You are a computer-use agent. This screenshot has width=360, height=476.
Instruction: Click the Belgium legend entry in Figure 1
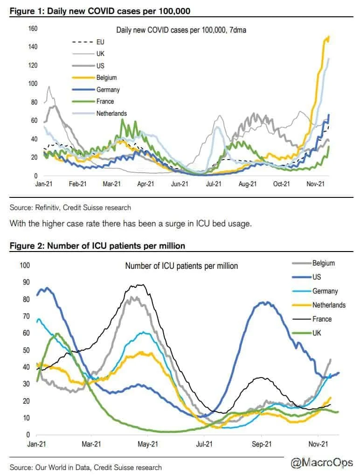coord(106,77)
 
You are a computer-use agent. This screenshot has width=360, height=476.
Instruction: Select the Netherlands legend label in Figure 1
coord(111,113)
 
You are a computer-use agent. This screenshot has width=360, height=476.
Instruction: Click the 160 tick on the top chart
coord(33,29)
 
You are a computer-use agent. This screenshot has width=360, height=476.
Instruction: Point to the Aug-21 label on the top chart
coord(248,184)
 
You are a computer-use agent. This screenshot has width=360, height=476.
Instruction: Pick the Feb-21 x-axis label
coord(77,184)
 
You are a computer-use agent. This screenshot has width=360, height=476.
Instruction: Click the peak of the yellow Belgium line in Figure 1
coord(329,37)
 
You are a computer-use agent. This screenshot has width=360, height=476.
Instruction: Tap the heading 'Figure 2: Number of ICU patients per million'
coord(97,245)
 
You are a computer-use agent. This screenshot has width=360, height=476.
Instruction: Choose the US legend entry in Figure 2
coord(317,277)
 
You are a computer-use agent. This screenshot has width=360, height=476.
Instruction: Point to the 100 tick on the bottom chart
coord(24,265)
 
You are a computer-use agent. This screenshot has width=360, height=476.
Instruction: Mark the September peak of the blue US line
coord(265,302)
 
